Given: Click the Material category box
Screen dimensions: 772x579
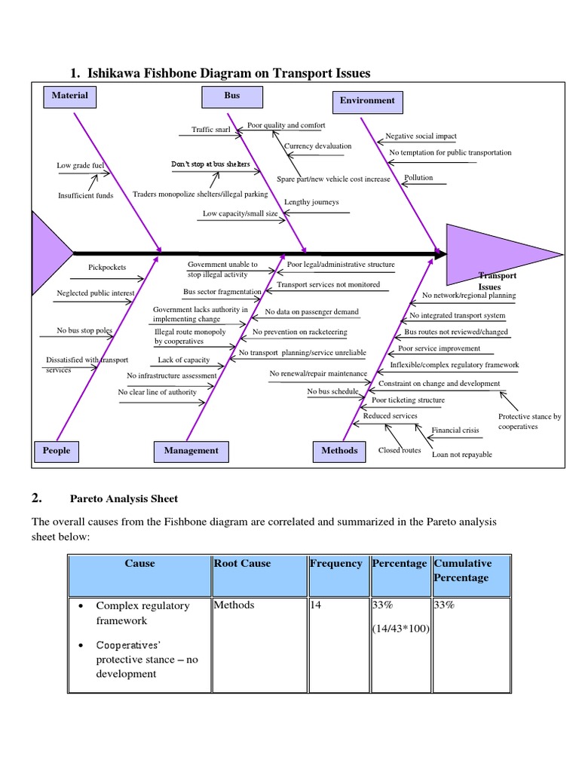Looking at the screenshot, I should [69, 96].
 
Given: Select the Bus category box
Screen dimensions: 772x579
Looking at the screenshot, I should [231, 96].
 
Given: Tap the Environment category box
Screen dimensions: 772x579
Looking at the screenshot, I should [366, 100].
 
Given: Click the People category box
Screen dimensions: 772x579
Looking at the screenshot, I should [57, 451].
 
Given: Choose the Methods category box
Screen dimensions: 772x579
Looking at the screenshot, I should [339, 451].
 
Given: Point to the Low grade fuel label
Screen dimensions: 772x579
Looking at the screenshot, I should [79, 166].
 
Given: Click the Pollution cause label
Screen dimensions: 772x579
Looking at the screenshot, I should [418, 178].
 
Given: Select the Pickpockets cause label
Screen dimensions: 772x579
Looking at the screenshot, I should [107, 267].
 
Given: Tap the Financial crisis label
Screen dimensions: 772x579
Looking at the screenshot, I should [455, 430].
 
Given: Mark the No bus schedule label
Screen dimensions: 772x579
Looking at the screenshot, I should [332, 392].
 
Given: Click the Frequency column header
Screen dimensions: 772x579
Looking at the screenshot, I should [335, 564].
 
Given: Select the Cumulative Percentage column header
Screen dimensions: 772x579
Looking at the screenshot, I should [462, 571].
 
